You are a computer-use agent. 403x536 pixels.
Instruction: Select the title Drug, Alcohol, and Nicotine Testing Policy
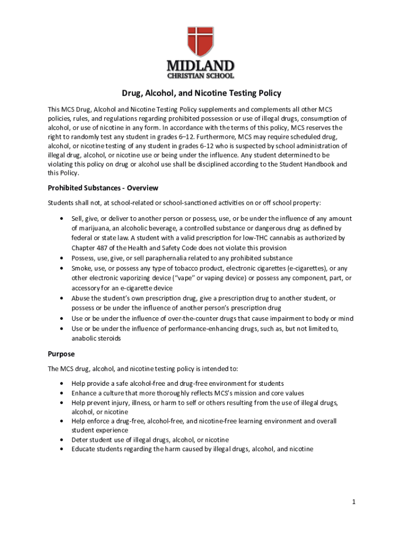[201, 93]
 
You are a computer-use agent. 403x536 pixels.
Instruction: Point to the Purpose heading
[61, 354]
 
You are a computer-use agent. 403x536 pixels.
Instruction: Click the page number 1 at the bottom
[354, 502]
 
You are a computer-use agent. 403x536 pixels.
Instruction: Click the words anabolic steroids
[96, 338]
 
